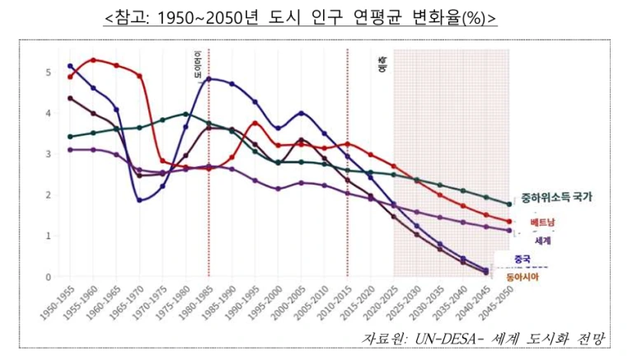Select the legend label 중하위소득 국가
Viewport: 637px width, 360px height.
tap(556, 198)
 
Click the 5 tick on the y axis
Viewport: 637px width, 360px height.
tap(49, 72)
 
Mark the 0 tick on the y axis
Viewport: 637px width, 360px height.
tap(49, 277)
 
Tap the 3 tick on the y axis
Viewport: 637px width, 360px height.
tap(49, 154)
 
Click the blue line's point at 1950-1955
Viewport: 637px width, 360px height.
tap(70, 66)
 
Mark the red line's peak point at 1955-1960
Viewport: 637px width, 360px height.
tap(93, 60)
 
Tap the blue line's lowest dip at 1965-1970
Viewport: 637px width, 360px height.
tap(139, 200)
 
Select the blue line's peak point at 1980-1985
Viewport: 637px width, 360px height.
tap(208, 79)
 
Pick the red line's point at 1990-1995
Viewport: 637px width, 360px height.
tap(255, 124)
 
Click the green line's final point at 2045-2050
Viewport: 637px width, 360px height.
tap(508, 203)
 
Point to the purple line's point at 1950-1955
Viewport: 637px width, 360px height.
tap(70, 150)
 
